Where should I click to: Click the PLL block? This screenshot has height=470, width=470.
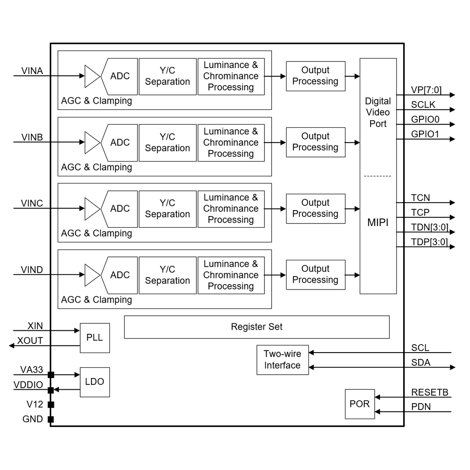(x=94, y=338)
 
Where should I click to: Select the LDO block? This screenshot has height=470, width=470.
(x=94, y=382)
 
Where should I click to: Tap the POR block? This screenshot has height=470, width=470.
(x=359, y=404)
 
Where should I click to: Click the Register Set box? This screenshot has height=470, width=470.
(x=257, y=327)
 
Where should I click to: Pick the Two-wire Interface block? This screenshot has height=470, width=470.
(x=282, y=360)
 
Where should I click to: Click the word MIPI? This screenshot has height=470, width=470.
(x=378, y=223)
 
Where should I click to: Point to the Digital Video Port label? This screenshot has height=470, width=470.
(x=378, y=112)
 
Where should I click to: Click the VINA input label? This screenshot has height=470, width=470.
(x=32, y=71)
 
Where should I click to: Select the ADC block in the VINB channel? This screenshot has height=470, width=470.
(x=120, y=143)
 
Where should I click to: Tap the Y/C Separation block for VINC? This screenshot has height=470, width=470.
(x=168, y=209)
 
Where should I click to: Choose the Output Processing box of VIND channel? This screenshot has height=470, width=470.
(x=315, y=274)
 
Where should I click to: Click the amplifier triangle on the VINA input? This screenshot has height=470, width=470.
(x=91, y=76)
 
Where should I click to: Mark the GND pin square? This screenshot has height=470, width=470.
(x=51, y=419)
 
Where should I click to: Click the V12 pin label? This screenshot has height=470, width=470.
(x=35, y=404)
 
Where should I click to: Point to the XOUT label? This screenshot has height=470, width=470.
(x=30, y=341)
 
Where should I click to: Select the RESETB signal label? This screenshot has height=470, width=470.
(x=429, y=392)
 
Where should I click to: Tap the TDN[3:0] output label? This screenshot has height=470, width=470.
(x=429, y=227)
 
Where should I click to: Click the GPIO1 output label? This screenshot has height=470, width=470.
(x=425, y=134)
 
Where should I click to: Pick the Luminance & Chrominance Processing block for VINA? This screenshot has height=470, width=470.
(x=231, y=76)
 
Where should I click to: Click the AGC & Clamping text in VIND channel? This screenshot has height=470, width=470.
(x=97, y=300)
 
